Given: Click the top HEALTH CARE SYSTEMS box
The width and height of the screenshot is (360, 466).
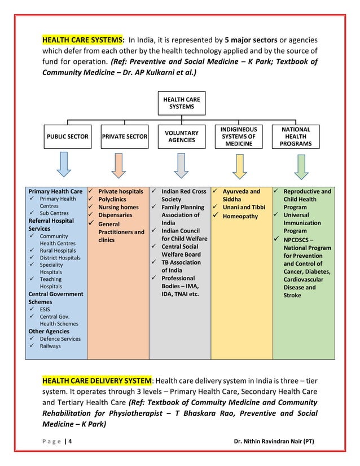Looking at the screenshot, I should coord(181,103).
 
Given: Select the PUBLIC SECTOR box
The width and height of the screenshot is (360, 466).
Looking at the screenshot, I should coord(67,137).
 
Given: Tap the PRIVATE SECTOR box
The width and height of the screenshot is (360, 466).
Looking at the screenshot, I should coord(125,137).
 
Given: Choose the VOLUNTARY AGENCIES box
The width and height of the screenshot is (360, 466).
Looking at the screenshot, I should coord(181,137).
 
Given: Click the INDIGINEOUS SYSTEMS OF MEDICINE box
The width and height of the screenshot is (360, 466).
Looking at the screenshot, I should coord(239,137).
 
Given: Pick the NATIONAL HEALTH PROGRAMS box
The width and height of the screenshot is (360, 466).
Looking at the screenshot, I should coord(296,137).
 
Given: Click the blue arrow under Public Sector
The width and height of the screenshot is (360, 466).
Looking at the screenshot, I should coord(65,164).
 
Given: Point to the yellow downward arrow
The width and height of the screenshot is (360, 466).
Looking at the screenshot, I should coord(239,164).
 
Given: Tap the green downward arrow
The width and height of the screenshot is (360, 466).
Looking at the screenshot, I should coord(300,164).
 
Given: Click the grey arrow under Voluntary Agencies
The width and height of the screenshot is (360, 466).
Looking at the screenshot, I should coord(181,164).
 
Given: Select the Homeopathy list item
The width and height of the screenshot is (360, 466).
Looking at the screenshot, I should coord(240,216).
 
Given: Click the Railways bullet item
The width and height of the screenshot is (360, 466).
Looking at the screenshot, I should coord(50,346).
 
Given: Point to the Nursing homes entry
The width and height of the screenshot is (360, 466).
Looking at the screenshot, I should coord(118,208).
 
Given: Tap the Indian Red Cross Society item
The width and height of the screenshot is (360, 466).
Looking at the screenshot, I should coord(183,195).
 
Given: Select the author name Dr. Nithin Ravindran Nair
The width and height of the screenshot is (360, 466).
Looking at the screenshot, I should coord(274,441).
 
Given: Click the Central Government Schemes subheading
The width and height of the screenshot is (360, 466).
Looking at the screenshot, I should coord(55,298).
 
